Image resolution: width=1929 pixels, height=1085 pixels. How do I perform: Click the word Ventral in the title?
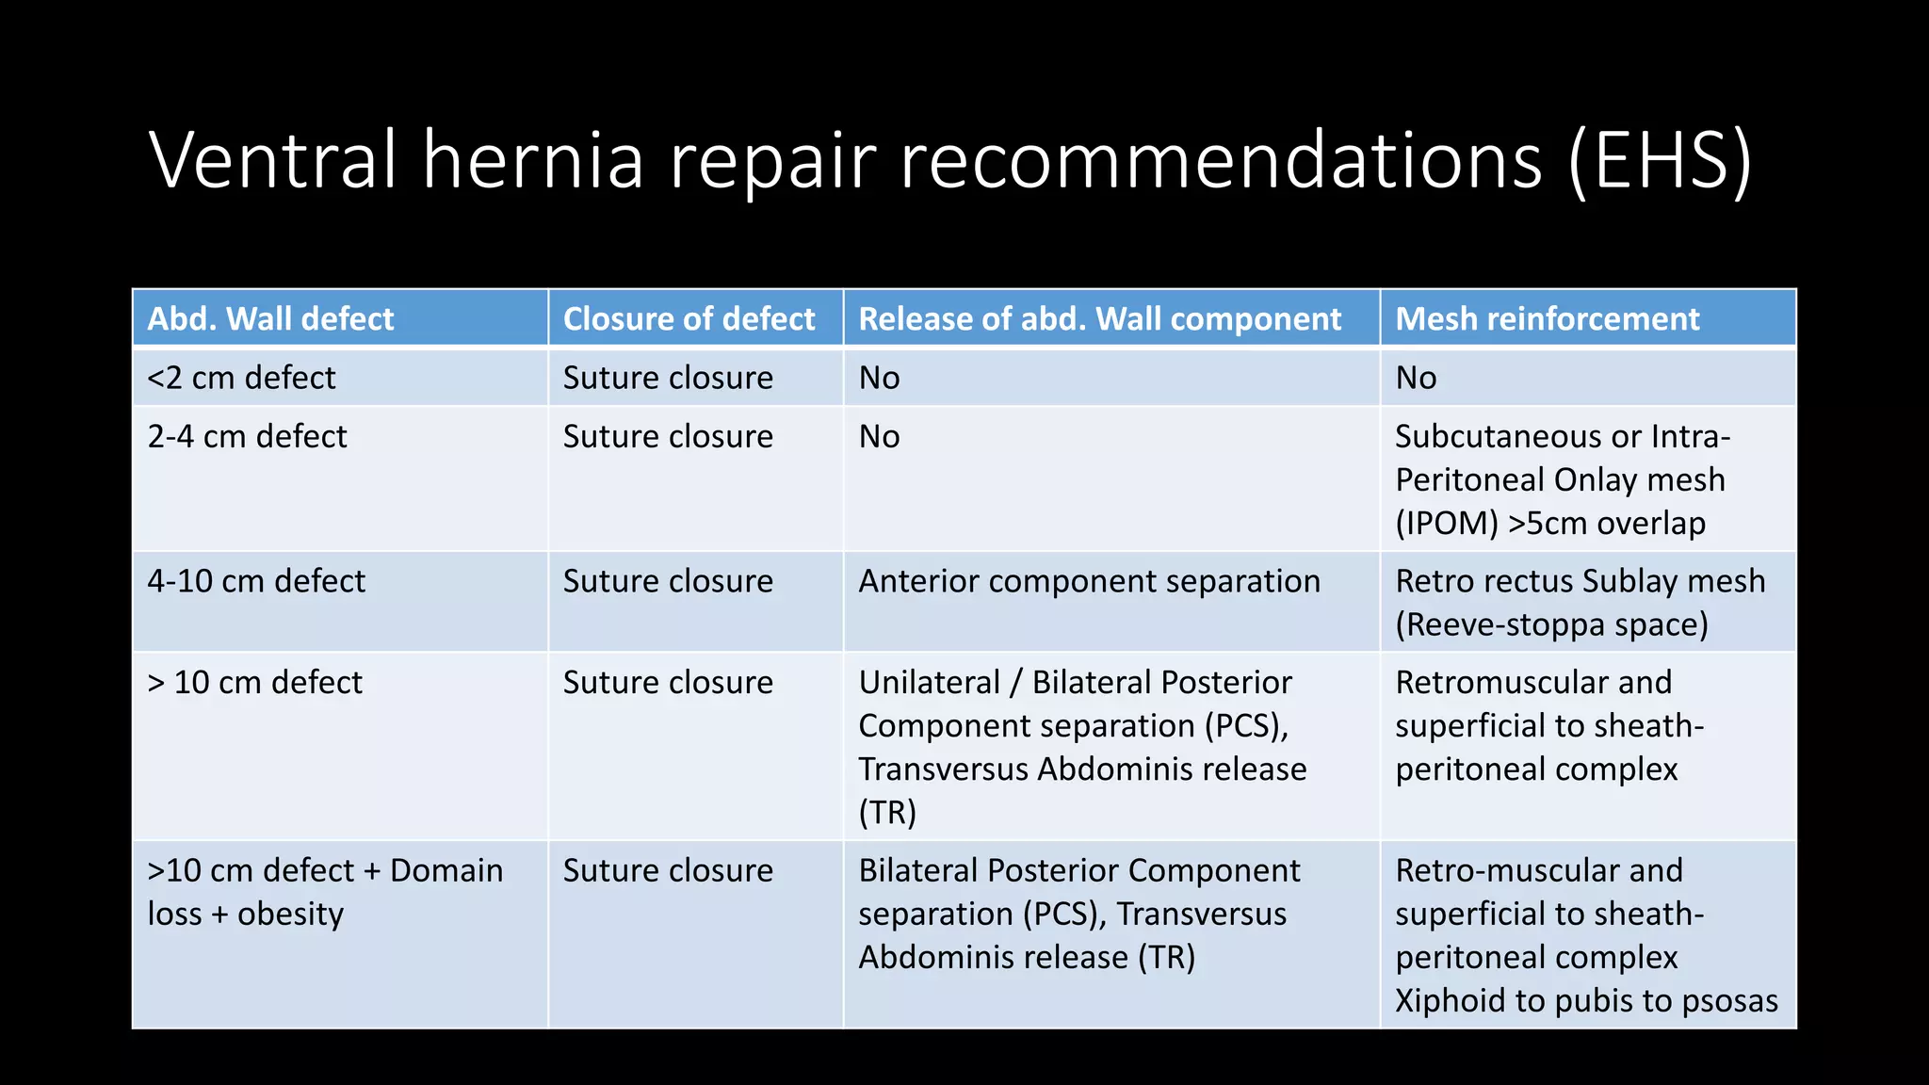[x=273, y=160]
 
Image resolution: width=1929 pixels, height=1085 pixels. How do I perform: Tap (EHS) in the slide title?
[x=1660, y=160]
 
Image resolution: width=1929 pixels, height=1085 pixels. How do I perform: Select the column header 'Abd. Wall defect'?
[x=270, y=319]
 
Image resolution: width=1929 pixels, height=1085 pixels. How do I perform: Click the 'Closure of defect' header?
[x=689, y=319]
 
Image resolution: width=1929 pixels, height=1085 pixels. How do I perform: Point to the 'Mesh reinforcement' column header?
[x=1547, y=319]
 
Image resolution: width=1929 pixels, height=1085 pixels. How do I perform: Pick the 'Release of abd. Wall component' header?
[x=1099, y=319]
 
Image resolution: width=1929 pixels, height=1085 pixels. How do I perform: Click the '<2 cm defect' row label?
[x=241, y=378]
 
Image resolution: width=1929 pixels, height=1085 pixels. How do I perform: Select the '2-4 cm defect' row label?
[x=247, y=437]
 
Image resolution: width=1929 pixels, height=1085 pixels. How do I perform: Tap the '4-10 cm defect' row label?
[x=256, y=581]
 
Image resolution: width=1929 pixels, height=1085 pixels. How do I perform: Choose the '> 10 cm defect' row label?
[x=254, y=682]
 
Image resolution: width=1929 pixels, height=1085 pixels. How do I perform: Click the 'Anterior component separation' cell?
[x=1089, y=581]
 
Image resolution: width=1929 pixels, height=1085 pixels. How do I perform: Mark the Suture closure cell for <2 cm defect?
[x=668, y=378]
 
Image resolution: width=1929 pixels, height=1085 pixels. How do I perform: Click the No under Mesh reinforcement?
[x=1416, y=378]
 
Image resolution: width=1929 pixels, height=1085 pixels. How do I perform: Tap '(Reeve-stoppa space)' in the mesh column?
[x=1551, y=624]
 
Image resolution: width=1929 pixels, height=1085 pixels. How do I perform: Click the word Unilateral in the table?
[x=929, y=682]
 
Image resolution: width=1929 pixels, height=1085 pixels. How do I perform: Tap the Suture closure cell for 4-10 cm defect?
[x=668, y=581]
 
